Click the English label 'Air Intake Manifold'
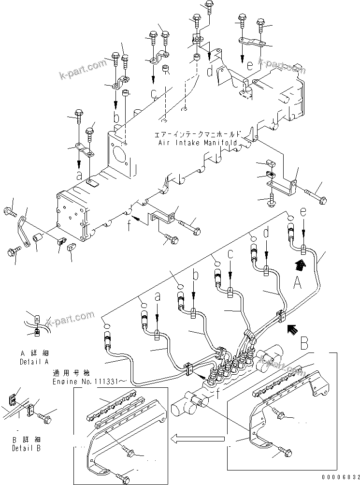point(198,144)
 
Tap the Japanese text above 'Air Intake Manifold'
point(198,135)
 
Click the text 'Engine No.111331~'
point(89,381)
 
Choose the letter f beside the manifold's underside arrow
point(128,224)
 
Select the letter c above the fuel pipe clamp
point(230,253)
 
